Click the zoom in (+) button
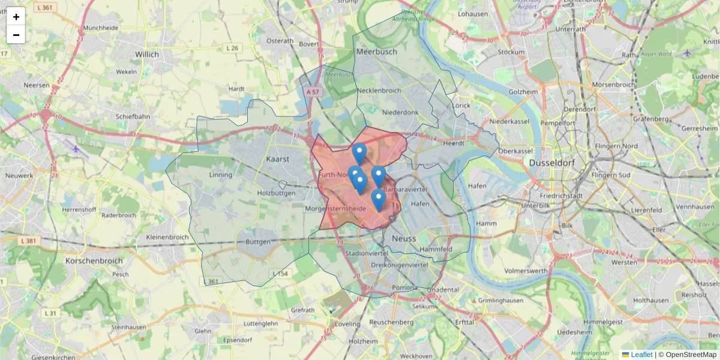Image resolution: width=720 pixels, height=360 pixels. (x=16, y=17)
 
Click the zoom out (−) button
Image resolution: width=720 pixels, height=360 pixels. (x=16, y=35)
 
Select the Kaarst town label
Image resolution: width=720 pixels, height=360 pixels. (x=278, y=159)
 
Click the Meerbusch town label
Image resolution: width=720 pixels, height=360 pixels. (x=377, y=52)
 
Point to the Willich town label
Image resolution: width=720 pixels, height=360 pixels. (x=147, y=54)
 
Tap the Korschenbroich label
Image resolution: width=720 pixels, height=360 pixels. (x=94, y=261)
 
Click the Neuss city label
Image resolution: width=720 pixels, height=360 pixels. (x=403, y=239)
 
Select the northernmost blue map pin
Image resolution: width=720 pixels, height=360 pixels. (x=359, y=153)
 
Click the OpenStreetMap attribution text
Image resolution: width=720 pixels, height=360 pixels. (x=689, y=355)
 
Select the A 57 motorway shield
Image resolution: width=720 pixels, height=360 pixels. (x=313, y=92)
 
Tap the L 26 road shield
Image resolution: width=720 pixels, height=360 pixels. (x=232, y=48)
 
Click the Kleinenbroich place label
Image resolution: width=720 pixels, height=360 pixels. (x=167, y=237)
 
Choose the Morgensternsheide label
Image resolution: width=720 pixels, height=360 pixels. (x=335, y=208)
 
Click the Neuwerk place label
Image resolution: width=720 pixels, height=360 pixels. (x=19, y=176)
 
